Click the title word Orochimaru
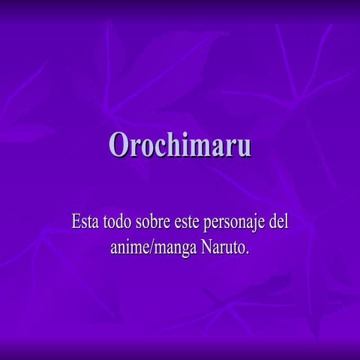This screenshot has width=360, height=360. [179, 144]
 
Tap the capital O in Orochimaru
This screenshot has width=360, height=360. [118, 144]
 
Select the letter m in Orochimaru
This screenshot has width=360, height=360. [199, 146]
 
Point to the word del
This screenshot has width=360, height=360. [279, 223]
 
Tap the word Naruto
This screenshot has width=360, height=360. [222, 246]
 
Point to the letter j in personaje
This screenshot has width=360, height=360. [253, 225]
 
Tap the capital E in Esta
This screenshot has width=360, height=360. [76, 223]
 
